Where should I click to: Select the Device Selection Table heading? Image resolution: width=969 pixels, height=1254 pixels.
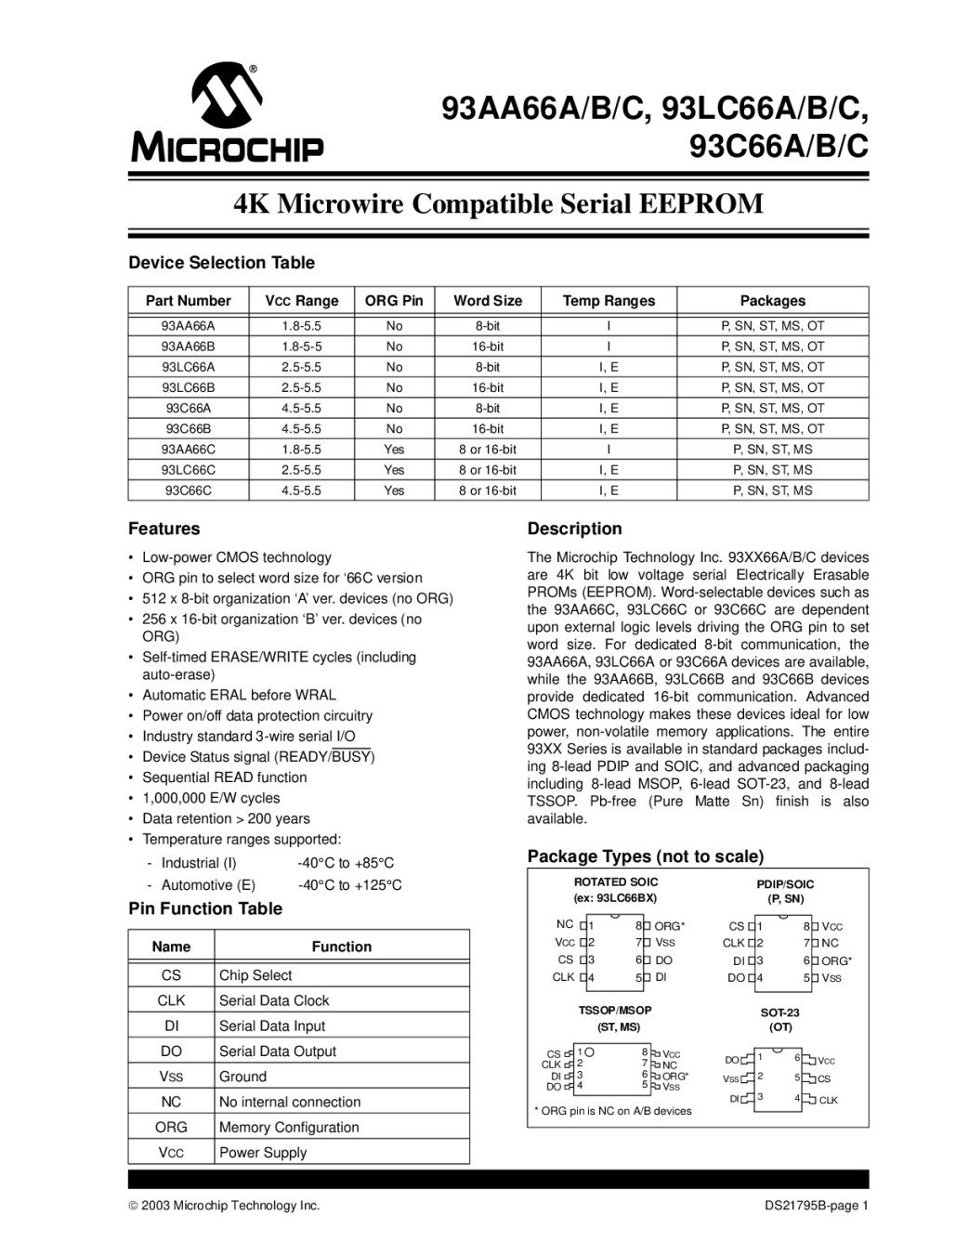click(221, 263)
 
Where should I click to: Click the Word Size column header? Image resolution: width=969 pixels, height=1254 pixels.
click(487, 301)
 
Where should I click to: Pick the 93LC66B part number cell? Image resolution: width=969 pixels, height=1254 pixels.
click(188, 387)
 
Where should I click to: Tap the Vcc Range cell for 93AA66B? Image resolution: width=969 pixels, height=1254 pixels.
click(301, 346)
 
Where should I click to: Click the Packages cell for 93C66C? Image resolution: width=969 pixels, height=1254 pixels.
click(772, 490)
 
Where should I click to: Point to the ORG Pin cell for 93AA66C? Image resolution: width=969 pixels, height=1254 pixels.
click(394, 450)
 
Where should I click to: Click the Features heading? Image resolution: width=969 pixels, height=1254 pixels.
click(164, 529)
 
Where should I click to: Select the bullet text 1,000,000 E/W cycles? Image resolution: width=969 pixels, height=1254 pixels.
click(211, 798)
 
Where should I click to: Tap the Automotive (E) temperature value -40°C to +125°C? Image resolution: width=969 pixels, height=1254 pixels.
click(349, 885)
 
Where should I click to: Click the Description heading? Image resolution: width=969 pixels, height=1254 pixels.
click(574, 529)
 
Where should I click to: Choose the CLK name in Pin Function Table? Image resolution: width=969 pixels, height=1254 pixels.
click(171, 1000)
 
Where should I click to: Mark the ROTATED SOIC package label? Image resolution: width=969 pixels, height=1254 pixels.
click(615, 882)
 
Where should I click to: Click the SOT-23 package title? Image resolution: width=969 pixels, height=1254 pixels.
click(779, 1012)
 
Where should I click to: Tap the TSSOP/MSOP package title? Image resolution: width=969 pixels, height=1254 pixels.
click(615, 1010)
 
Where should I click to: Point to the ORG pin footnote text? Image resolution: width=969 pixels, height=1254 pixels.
click(613, 1111)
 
